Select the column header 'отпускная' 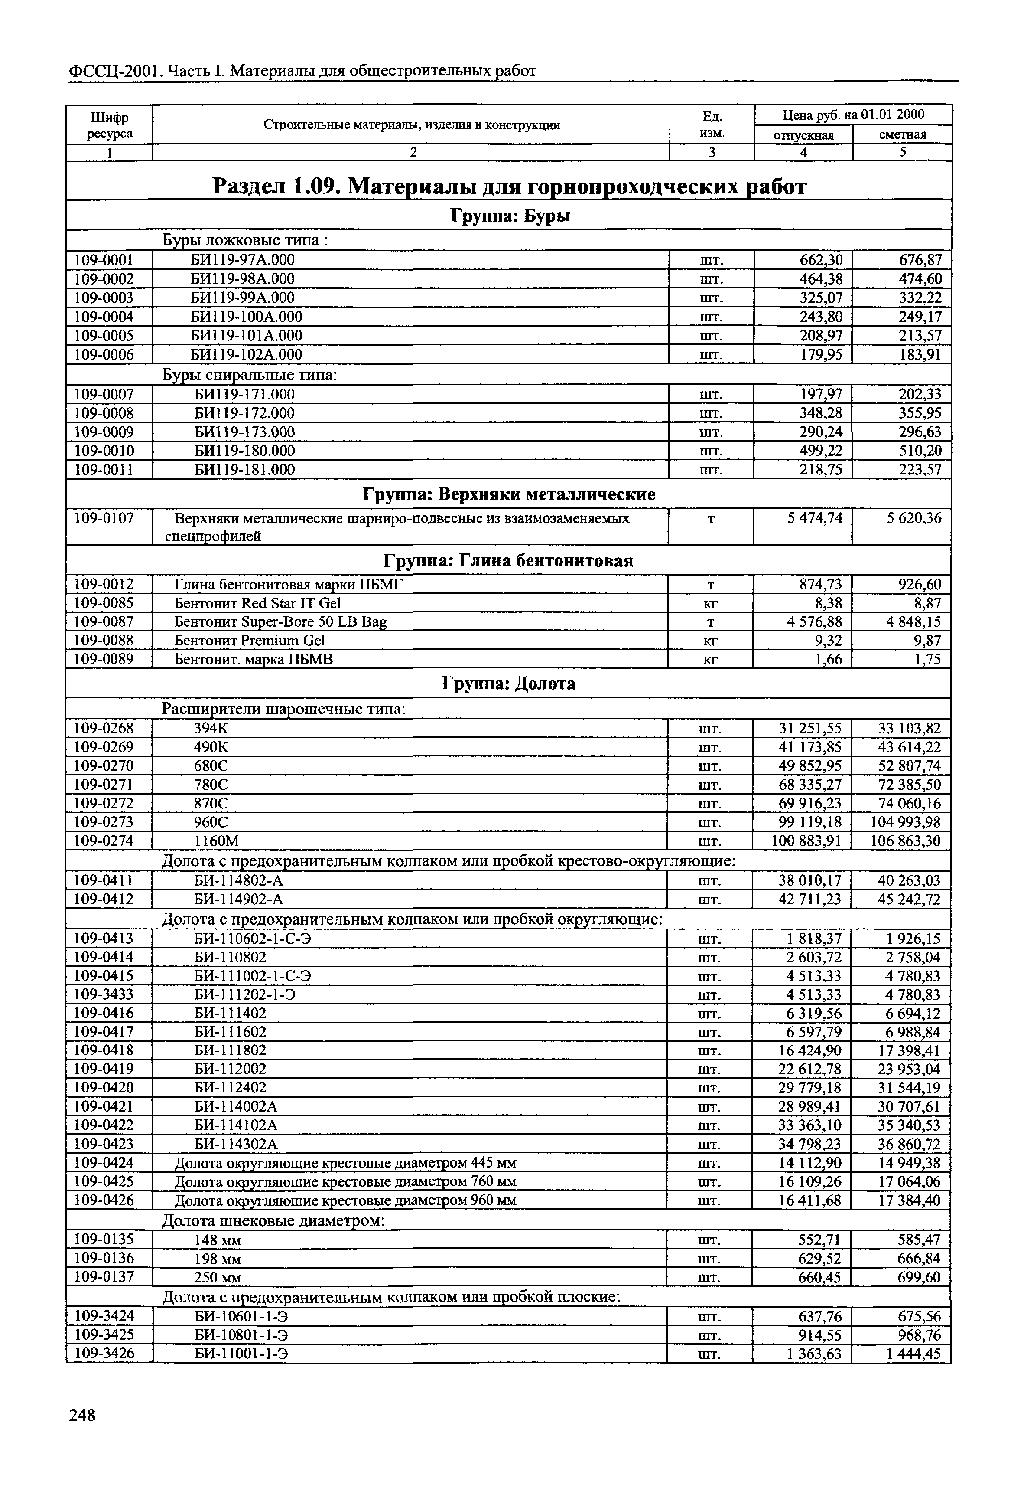pos(803,135)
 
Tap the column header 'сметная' pos(902,135)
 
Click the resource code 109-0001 pos(104,260)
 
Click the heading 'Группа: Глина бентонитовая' pos(508,561)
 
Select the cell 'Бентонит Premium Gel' pos(250,641)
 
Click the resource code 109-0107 pos(104,518)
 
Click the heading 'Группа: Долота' pos(509,684)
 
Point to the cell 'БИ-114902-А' pos(238,900)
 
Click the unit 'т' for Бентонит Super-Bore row pos(710,622)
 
